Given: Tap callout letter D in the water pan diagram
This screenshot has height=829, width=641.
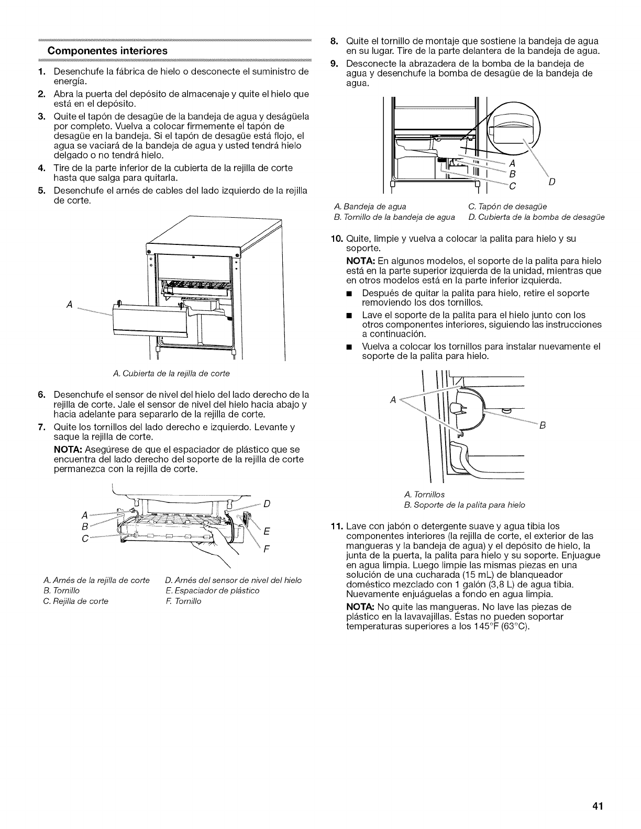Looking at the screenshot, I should [551, 182].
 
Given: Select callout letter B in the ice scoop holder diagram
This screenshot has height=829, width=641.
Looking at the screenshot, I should [543, 425].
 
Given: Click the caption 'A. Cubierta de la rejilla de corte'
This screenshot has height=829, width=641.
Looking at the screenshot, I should [171, 373].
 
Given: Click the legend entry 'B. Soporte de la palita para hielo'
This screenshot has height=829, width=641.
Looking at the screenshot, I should [465, 505].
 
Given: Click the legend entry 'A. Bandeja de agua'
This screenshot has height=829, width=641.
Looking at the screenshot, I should [370, 206].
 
